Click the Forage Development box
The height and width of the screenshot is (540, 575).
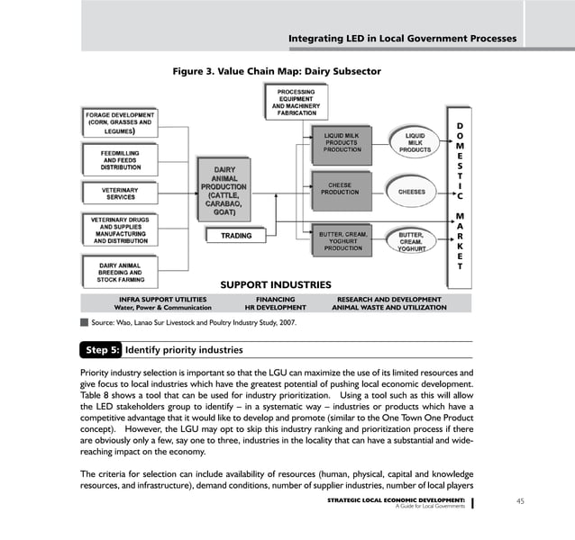119,124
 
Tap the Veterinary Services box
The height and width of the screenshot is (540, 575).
119,193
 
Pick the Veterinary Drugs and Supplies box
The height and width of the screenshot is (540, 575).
119,229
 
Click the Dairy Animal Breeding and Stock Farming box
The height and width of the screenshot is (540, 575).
119,272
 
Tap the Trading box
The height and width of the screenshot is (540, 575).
231,236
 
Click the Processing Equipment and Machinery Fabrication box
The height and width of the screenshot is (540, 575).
296,102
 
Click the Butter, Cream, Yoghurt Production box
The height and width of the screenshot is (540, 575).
342,241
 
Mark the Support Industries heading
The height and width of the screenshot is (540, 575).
276,285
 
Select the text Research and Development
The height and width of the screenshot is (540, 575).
388,299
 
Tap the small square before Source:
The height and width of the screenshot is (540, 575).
84,321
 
